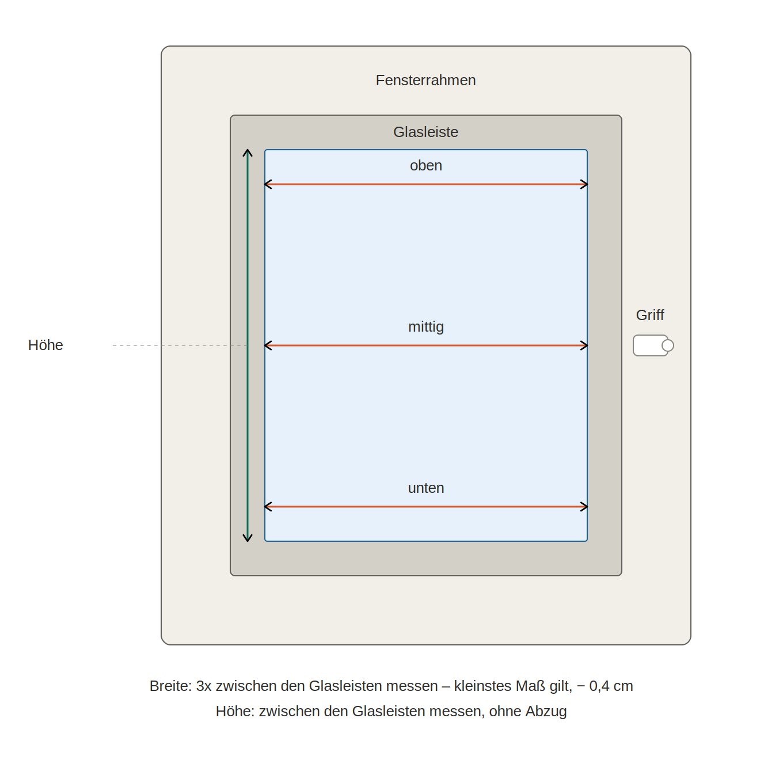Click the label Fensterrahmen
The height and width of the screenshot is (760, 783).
coord(425,80)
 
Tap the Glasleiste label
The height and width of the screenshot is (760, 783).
coord(425,132)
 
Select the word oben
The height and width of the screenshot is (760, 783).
coord(425,165)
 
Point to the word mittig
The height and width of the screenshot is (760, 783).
coord(425,326)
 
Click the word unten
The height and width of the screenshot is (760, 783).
coord(425,488)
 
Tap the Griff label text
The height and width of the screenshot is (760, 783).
coord(650,315)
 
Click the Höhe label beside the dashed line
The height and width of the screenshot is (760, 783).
coord(45,345)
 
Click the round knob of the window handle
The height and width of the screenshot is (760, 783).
coord(667,345)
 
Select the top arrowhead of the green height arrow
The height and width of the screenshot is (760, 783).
coord(248,153)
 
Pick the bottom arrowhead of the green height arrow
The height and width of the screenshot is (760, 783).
coord(248,538)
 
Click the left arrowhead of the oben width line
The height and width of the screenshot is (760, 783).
coord(268,184)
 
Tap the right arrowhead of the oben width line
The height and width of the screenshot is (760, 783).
coord(584,184)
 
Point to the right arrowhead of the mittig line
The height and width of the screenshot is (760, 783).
coord(584,345)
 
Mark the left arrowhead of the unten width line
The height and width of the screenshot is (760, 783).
coord(268,507)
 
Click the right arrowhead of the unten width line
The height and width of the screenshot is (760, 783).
coord(584,507)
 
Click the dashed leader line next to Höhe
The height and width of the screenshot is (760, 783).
coord(180,345)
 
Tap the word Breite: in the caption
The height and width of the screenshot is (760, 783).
coord(170,686)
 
